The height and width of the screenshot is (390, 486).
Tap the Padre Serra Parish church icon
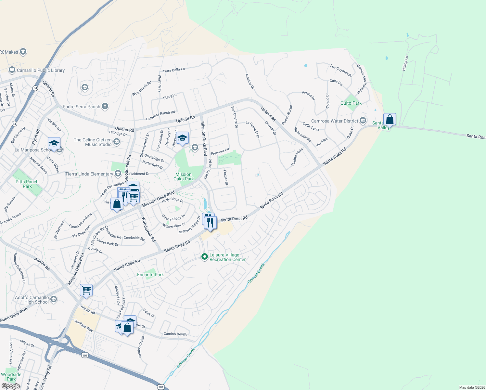[105, 106]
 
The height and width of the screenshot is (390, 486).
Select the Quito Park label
[351, 103]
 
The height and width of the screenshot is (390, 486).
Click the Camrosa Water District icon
[363, 121]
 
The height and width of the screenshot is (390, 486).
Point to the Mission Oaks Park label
[184, 176]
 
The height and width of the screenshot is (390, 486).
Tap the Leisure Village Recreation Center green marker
[204, 257]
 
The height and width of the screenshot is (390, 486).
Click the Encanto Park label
[150, 275]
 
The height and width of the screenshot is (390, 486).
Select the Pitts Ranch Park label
[27, 184]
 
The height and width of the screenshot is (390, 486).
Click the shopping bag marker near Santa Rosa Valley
[390, 120]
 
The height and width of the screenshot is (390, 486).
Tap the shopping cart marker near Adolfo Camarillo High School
[86, 290]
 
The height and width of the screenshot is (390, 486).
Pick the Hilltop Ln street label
[405, 63]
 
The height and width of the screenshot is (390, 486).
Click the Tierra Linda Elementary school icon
[118, 174]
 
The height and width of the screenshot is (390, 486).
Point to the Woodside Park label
[11, 377]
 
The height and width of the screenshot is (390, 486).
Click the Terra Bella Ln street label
[173, 70]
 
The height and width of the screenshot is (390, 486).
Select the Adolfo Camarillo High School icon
[54, 299]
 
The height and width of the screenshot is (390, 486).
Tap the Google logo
[11, 386]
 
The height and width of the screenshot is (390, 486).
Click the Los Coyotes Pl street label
[341, 71]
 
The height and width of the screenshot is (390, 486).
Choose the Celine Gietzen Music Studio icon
[117, 142]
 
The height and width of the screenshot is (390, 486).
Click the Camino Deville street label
[175, 334]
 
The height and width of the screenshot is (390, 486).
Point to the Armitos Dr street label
[249, 81]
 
